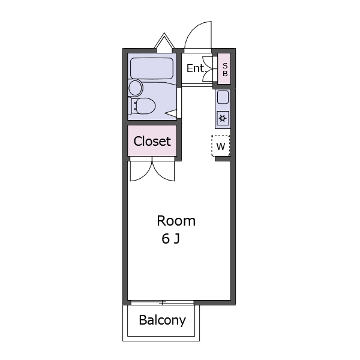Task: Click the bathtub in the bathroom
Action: (x=152, y=68)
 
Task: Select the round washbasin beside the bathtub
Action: (x=136, y=88)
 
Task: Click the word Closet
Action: (x=152, y=141)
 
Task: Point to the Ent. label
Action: (x=195, y=68)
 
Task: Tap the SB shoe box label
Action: (x=225, y=70)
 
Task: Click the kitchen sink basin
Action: (x=223, y=97)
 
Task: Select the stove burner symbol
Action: (x=223, y=118)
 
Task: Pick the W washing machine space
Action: (x=221, y=146)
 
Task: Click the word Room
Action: (x=176, y=221)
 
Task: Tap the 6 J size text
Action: (x=170, y=239)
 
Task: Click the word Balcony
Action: (x=163, y=320)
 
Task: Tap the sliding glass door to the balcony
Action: (x=163, y=303)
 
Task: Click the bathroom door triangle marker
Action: (x=171, y=113)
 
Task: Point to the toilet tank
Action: (x=130, y=106)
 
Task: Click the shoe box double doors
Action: (x=208, y=68)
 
